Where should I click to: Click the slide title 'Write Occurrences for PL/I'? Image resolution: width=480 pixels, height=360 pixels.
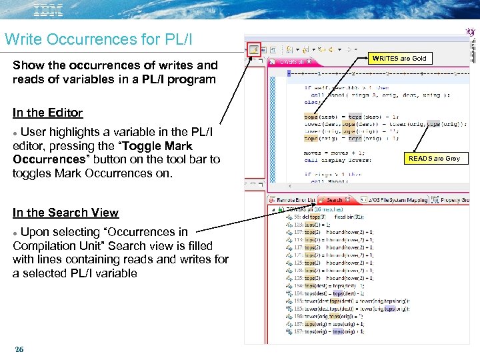(98, 39)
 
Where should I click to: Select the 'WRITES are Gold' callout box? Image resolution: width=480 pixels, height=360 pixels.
(399, 58)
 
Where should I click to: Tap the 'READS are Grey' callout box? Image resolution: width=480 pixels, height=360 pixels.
(434, 158)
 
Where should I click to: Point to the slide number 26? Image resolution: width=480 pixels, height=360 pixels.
(19, 349)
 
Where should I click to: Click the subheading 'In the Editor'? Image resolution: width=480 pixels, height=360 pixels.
(47, 113)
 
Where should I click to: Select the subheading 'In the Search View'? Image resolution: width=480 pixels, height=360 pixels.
(65, 213)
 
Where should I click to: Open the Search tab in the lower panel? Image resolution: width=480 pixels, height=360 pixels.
(333, 199)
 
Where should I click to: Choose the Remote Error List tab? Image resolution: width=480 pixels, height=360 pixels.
(293, 199)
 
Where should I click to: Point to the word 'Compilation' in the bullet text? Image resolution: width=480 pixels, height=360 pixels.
(43, 246)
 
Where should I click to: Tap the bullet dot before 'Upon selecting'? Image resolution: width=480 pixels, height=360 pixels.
(15, 233)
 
